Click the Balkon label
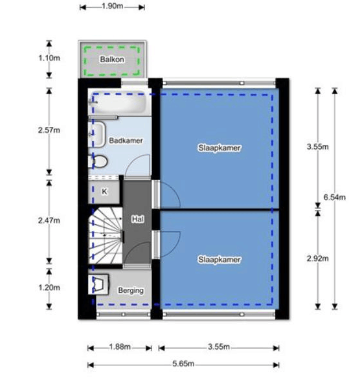pyautogui.click(x=111, y=60)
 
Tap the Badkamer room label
pyautogui.click(x=126, y=140)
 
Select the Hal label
pyautogui.click(x=137, y=220)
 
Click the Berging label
pyautogui.click(x=130, y=291)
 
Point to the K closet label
pyautogui.click(x=104, y=191)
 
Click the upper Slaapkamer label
pyautogui.click(x=219, y=148)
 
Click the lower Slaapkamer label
pyautogui.click(x=219, y=259)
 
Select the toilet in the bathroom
pyautogui.click(x=99, y=161)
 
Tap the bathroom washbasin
pyautogui.click(x=98, y=135)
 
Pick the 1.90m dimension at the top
pyautogui.click(x=112, y=7)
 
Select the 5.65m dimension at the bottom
pyautogui.click(x=184, y=365)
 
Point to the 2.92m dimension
pyautogui.click(x=317, y=259)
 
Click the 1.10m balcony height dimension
pyautogui.click(x=49, y=58)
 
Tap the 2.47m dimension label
pyautogui.click(x=49, y=220)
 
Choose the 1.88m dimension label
pyautogui.click(x=119, y=347)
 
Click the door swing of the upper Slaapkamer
pyautogui.click(x=166, y=194)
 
